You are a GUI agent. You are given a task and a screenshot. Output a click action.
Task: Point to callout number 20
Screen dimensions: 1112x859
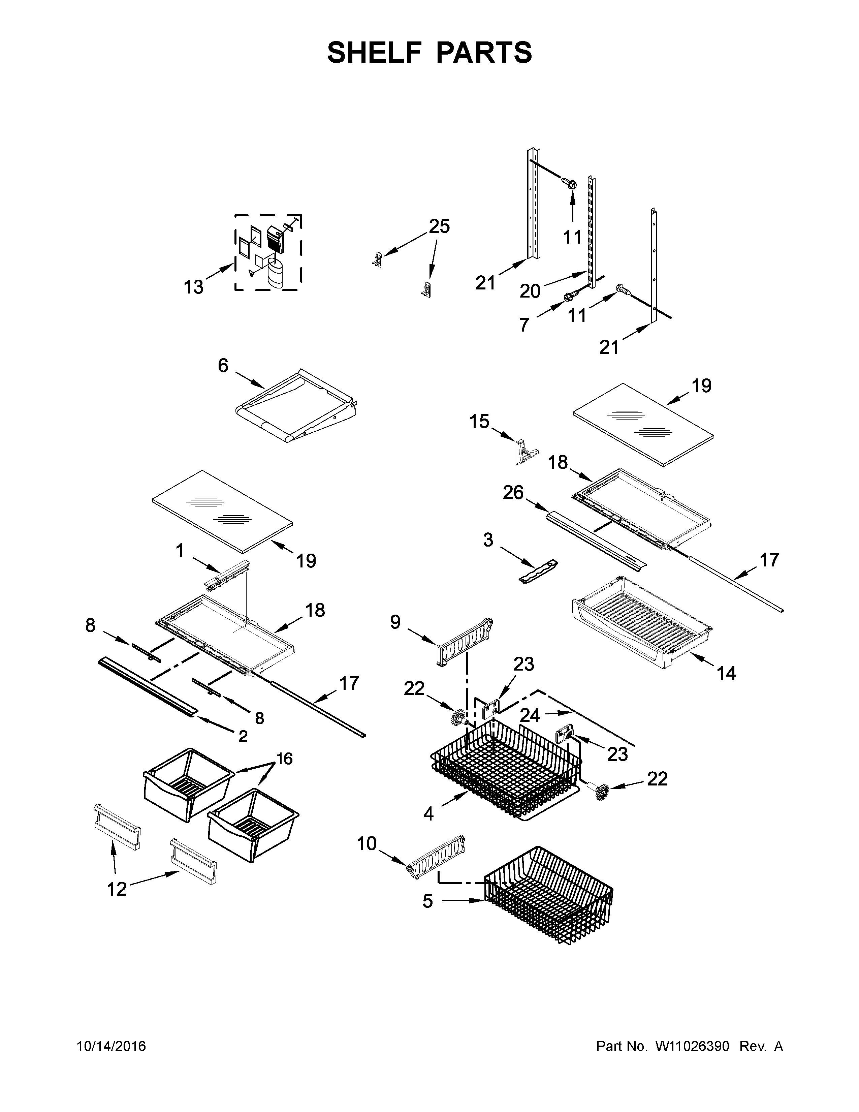[x=530, y=291]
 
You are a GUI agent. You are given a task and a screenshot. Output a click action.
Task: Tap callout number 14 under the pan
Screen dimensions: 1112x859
[x=726, y=673]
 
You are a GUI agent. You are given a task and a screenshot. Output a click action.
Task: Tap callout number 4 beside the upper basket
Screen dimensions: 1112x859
[x=428, y=814]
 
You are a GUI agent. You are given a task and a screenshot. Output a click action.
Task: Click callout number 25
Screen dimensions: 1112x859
[x=439, y=226]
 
